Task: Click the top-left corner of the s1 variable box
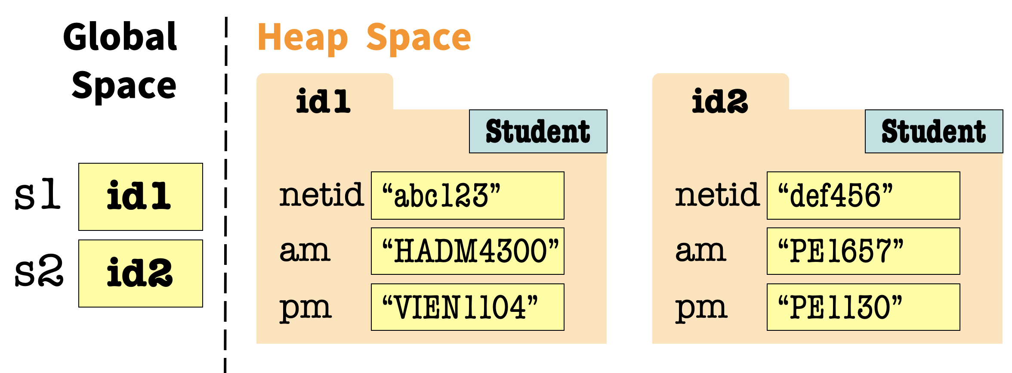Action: (x=79, y=163)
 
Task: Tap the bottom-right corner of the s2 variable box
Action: (x=203, y=307)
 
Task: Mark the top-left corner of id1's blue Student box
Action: (x=469, y=110)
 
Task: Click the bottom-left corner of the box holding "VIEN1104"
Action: (x=371, y=330)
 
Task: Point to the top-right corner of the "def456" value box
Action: (x=960, y=172)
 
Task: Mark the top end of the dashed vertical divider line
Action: (x=226, y=17)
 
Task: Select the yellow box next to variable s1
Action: (x=141, y=197)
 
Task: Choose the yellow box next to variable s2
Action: (x=141, y=274)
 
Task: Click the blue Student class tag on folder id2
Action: (x=934, y=131)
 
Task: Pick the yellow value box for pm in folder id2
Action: (x=864, y=307)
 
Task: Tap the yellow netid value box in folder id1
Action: (x=468, y=196)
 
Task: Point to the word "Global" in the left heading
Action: (x=120, y=37)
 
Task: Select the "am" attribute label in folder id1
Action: (x=305, y=251)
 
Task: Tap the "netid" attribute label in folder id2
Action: (x=717, y=195)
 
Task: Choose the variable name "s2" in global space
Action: (x=39, y=271)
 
